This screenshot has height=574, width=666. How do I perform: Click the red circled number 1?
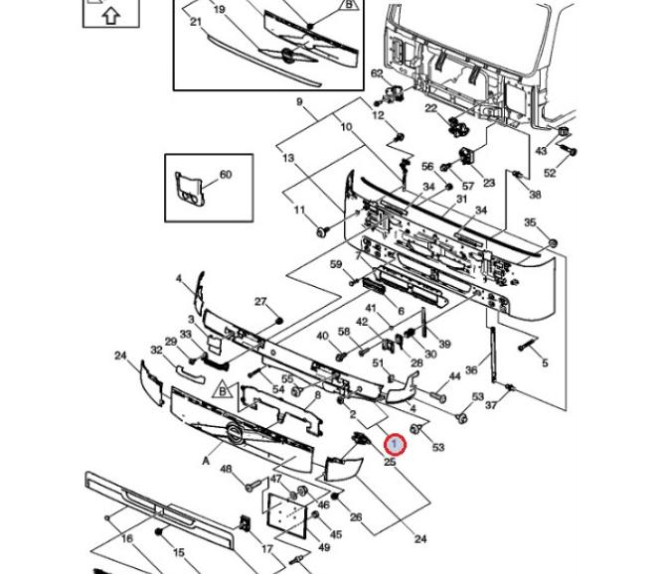click(x=395, y=444)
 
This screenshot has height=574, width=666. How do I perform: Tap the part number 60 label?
click(x=225, y=175)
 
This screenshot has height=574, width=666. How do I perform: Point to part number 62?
click(x=377, y=73)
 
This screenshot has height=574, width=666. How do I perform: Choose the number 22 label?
click(x=430, y=108)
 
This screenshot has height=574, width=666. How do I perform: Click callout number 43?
click(x=541, y=151)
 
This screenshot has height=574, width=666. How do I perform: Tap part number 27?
click(x=260, y=302)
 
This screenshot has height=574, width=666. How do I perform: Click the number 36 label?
click(x=471, y=370)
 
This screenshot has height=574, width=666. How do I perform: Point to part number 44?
click(x=454, y=376)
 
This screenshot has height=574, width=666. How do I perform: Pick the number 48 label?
click(x=226, y=469)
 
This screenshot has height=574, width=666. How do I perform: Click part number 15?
click(x=179, y=552)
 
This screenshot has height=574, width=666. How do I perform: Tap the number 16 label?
click(x=127, y=538)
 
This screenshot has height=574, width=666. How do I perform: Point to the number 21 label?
click(x=195, y=22)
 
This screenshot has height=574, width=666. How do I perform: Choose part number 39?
click(x=444, y=345)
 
